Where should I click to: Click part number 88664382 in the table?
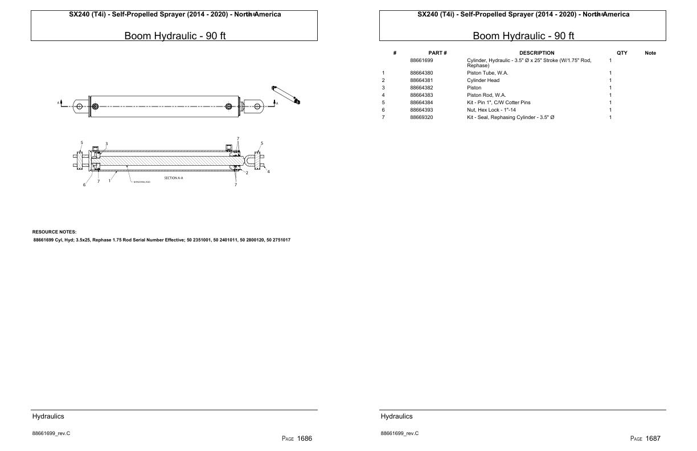pyautogui.click(x=421, y=88)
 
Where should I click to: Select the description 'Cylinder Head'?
pyautogui.click(x=483, y=80)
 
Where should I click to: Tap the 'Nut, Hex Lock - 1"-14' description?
pyautogui.click(x=491, y=110)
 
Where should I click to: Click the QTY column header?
pyautogui.click(x=622, y=53)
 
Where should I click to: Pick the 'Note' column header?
pyautogui.click(x=650, y=53)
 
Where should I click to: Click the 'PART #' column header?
pyautogui.click(x=437, y=53)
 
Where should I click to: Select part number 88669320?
pyautogui.click(x=421, y=117)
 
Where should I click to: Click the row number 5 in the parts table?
pyautogui.click(x=383, y=102)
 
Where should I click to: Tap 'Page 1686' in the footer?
pyautogui.click(x=297, y=438)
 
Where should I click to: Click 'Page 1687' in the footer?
pyautogui.click(x=645, y=438)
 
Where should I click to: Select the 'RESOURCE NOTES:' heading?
pyautogui.click(x=54, y=232)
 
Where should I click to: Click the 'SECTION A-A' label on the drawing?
pyautogui.click(x=173, y=178)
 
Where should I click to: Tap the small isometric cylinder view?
pyautogui.click(x=286, y=95)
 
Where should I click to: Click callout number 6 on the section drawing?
pyautogui.click(x=84, y=185)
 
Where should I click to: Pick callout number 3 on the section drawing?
pyautogui.click(x=106, y=143)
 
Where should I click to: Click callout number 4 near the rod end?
pyautogui.click(x=268, y=171)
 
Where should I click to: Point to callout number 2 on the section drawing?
pyautogui.click(x=247, y=173)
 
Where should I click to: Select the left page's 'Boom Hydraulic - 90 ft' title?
pyautogui.click(x=174, y=36)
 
